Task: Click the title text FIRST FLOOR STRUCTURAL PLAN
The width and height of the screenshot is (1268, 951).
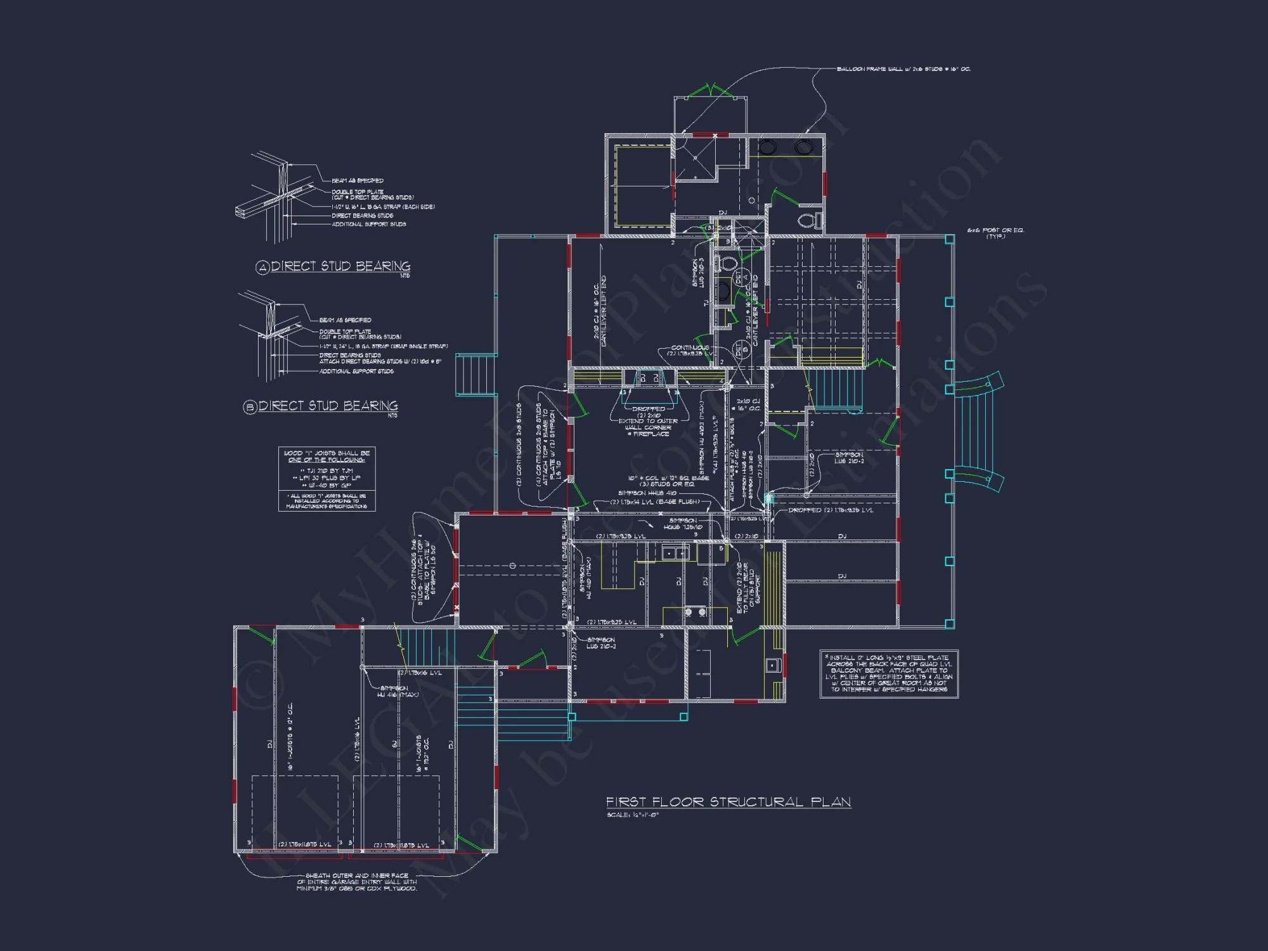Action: (728, 802)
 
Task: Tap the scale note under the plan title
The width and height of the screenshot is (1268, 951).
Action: (633, 815)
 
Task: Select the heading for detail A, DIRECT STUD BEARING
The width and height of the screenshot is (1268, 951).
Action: (340, 266)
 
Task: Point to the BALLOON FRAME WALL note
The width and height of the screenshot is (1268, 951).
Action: (903, 69)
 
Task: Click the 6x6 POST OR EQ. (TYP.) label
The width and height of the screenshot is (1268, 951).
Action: (995, 233)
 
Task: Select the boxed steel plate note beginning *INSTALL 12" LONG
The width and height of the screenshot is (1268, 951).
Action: (888, 673)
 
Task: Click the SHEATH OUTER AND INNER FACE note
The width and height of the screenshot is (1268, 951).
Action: (357, 882)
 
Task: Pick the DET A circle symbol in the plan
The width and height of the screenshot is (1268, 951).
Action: (738, 277)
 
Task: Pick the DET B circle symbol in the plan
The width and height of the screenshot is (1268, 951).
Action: (738, 349)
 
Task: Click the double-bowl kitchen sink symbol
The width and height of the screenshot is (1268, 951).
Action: (675, 553)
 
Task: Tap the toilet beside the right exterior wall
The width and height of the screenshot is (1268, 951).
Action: (809, 221)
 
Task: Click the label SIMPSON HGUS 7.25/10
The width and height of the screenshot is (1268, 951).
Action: (683, 524)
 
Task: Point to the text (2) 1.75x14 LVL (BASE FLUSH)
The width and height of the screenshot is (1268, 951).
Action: (655, 502)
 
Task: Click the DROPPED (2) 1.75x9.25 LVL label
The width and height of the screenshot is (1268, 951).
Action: (831, 510)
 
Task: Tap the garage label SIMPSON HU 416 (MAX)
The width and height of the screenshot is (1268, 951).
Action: (398, 691)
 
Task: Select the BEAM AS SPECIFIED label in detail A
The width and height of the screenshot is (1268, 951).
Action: (357, 181)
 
